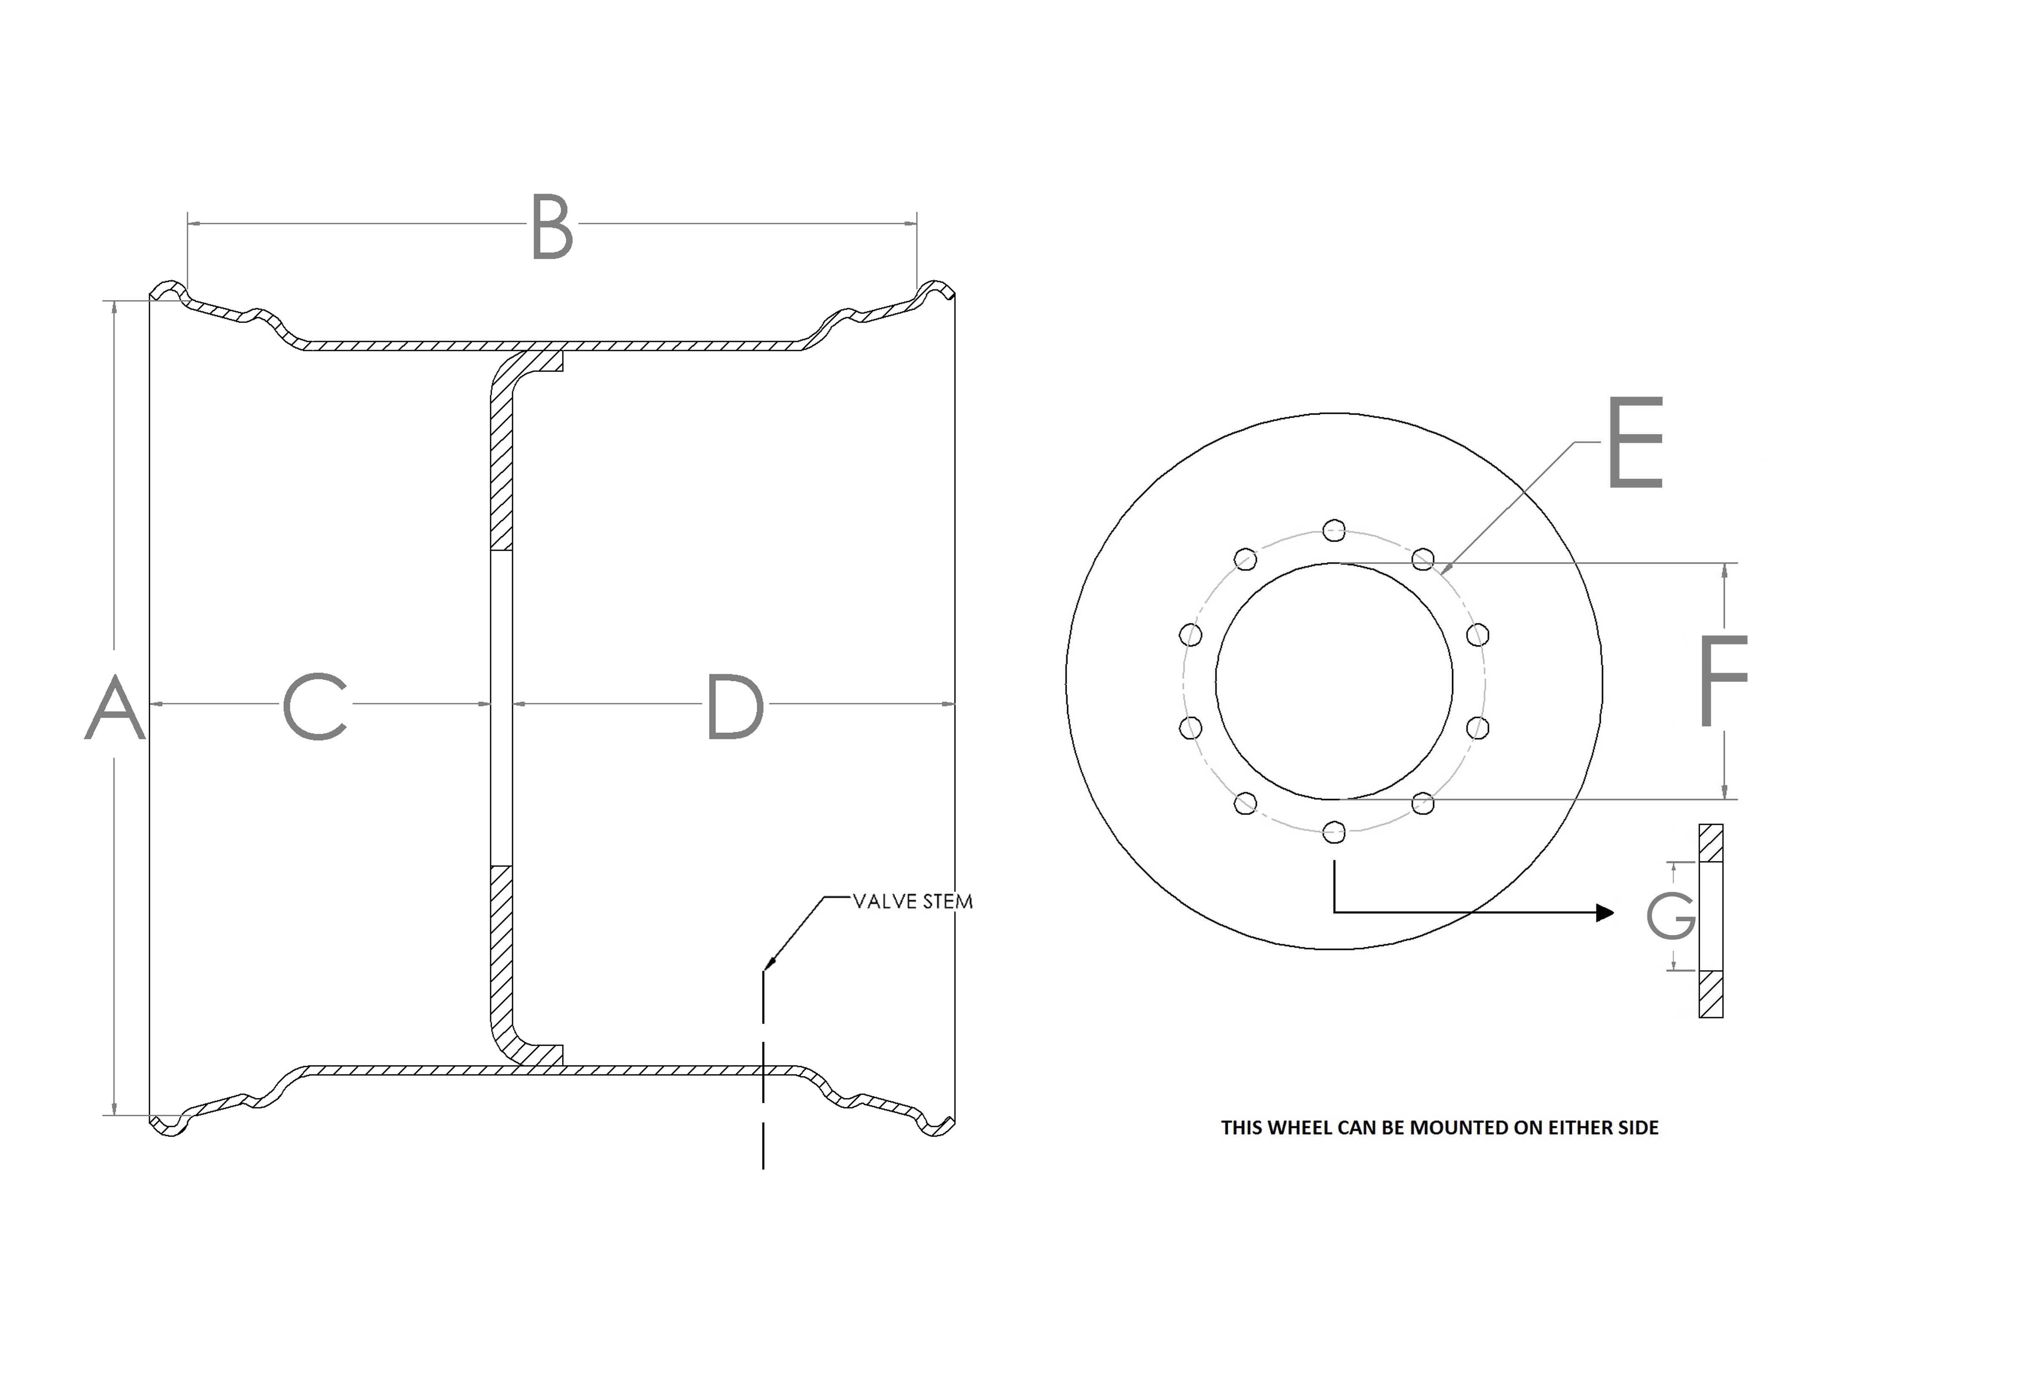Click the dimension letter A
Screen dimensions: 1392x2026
[x=114, y=707]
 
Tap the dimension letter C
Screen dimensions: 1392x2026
[x=315, y=707]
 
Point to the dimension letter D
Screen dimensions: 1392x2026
[x=735, y=707]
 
